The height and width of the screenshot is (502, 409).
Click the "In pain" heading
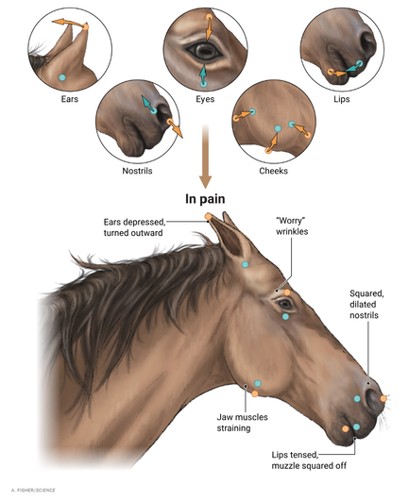(205, 199)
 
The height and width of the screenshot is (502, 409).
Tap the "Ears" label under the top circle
(70, 99)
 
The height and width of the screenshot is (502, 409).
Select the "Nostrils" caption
(137, 171)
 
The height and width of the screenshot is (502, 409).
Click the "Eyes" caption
(205, 99)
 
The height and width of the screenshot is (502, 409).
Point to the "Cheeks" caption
(273, 171)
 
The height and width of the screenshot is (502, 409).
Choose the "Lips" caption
(342, 99)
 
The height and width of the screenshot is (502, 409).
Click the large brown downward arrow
(205, 157)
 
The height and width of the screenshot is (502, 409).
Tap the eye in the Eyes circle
(204, 51)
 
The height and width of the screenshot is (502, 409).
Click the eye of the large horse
(284, 304)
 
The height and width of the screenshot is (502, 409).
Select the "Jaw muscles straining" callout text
(242, 423)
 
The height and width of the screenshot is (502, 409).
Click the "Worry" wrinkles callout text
(292, 226)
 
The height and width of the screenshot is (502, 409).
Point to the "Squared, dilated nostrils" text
(366, 305)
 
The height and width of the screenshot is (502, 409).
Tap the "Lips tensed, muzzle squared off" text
(309, 460)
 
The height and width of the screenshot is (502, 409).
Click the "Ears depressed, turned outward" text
(134, 227)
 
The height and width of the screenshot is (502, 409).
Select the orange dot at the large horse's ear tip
(209, 217)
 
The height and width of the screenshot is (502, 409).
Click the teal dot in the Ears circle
(62, 77)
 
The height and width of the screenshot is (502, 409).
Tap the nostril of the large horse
(371, 399)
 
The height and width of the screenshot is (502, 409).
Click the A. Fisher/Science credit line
(33, 490)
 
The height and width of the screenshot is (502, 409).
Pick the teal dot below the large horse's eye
(285, 317)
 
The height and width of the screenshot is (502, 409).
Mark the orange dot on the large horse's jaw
(255, 393)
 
